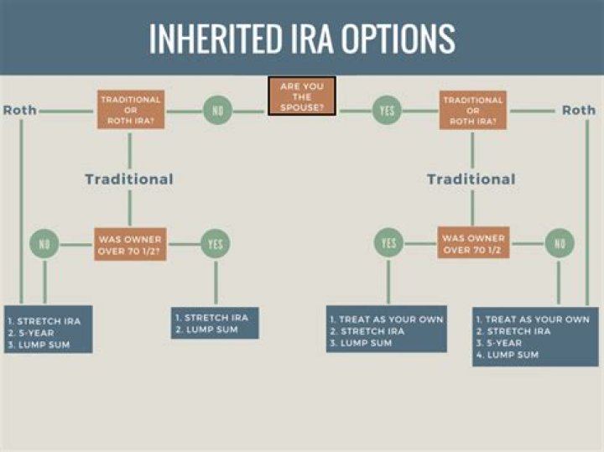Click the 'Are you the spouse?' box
(302, 96)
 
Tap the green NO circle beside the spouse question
(216, 110)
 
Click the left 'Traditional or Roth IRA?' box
(130, 110)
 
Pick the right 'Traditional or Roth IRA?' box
(473, 110)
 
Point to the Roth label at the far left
(19, 110)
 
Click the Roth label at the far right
(578, 110)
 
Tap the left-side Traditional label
(129, 179)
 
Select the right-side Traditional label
(471, 179)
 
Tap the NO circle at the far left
(44, 244)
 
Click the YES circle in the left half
(215, 244)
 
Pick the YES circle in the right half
(388, 244)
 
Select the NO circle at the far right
(559, 244)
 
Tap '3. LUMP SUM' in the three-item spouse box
(362, 343)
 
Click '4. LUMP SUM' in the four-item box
(508, 355)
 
